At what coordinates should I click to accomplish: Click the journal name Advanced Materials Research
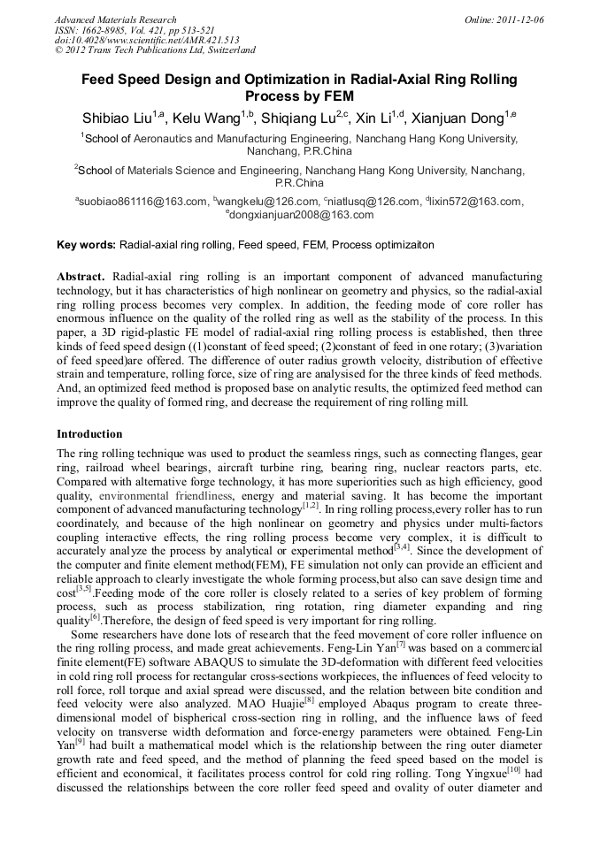point(115,19)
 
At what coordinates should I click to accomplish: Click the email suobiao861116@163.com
point(142,202)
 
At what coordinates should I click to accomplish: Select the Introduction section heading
point(89,434)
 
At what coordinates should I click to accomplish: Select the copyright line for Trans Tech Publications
point(155,50)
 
